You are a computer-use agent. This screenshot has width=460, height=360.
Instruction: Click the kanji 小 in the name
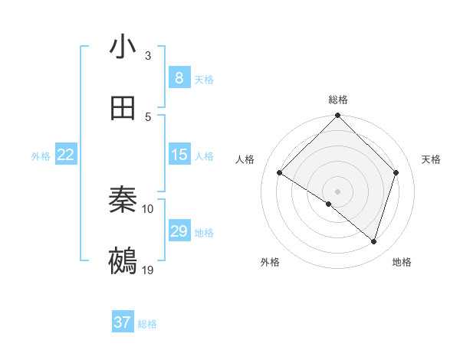coord(123,47)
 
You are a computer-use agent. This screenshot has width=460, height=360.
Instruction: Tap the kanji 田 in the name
coord(123,108)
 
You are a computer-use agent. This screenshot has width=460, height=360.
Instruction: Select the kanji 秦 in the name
coord(123,200)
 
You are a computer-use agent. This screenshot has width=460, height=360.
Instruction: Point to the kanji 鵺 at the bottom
coord(123,261)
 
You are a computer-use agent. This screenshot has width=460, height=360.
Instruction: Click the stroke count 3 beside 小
coord(148,55)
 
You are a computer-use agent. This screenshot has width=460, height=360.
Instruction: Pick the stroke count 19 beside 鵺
coord(148,270)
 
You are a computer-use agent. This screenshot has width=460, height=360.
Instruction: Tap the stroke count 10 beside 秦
coord(148,208)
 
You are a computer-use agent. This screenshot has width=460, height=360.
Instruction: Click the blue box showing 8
coord(179,77)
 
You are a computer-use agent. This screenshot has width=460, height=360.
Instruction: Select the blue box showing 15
coord(179,155)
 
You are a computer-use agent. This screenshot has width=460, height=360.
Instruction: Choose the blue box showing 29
coord(179,231)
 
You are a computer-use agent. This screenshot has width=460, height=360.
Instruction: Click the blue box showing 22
coord(66,155)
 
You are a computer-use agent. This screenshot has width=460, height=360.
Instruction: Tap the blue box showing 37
coord(123,322)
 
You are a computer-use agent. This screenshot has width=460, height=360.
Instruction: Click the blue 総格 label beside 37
coord(147,324)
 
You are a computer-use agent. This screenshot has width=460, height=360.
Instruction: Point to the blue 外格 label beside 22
coord(41,156)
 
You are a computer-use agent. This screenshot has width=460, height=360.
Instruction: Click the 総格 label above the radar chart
coord(337,100)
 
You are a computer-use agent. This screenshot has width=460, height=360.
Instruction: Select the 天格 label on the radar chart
coord(431,159)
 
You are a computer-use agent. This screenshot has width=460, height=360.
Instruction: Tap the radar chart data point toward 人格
coord(280,172)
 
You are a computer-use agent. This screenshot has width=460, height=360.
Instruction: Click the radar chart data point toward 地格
coord(373,241)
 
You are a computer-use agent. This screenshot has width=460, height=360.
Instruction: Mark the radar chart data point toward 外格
coord(329,204)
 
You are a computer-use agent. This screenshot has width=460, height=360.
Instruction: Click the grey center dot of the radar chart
coord(337,191)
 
